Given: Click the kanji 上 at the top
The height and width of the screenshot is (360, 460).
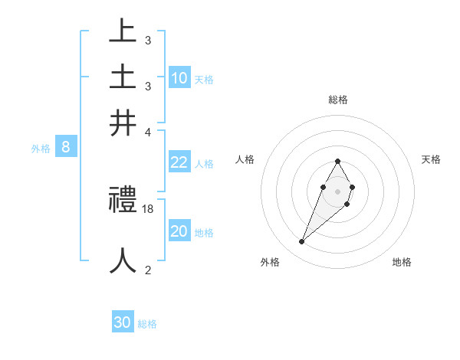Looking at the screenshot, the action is point(123,32).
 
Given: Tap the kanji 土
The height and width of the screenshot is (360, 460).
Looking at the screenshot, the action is point(123,77).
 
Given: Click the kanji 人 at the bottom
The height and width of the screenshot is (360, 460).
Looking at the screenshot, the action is point(123,260).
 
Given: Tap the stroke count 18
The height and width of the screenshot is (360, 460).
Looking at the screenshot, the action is point(149,209).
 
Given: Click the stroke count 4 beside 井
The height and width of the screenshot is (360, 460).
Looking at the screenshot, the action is point(147,132).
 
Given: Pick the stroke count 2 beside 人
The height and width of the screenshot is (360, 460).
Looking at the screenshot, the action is point(147,269).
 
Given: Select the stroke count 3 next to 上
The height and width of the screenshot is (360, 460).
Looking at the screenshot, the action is point(147,41).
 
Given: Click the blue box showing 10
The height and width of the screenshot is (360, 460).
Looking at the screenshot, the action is point(179,78).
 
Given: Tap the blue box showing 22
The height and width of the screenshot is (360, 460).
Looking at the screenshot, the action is point(179,162).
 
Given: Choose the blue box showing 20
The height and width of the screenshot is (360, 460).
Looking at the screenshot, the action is point(179,232).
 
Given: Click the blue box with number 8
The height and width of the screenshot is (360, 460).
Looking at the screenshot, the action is point(66,148).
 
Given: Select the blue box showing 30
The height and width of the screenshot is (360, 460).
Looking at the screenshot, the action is point(123,323).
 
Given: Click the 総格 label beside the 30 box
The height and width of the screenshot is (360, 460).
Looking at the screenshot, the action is point(148,325).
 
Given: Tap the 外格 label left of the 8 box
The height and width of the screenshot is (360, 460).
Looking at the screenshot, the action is point(41,149).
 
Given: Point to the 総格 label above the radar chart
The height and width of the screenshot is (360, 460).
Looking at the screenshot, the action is point(337,100).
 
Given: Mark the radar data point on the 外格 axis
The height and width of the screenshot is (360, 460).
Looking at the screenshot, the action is point(302,242).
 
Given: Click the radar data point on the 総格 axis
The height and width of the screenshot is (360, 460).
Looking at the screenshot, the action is point(337,161).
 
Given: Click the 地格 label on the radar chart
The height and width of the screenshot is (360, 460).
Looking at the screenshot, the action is point(402,262).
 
